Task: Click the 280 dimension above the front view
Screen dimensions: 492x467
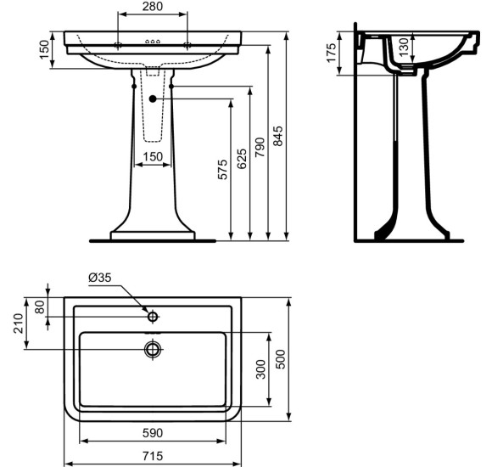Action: [x=153, y=6]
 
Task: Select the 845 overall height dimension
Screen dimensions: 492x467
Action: [x=277, y=136]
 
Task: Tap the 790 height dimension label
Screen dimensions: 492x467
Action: [x=260, y=147]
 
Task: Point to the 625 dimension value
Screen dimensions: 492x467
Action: [x=242, y=159]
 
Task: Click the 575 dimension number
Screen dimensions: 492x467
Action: [x=222, y=170]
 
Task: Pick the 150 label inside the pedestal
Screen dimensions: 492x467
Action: [x=153, y=157]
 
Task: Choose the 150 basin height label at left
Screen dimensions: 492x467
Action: [x=45, y=49]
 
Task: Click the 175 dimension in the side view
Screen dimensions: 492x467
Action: [x=332, y=53]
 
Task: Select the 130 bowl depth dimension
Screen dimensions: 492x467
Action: [x=405, y=47]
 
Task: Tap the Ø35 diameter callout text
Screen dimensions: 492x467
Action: [x=100, y=278]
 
